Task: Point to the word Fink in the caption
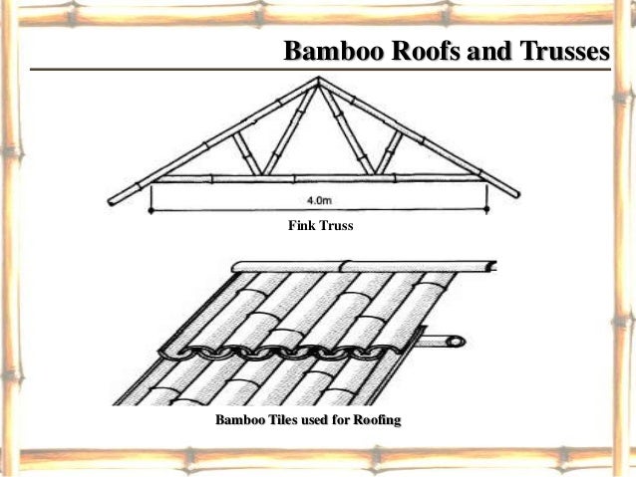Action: coord(300,226)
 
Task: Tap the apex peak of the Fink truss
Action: coord(319,79)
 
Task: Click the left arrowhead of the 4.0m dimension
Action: coord(152,209)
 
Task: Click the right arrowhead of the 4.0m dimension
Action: coord(485,209)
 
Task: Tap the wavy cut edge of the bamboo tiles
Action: coord(289,351)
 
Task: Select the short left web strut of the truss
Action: coord(245,154)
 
